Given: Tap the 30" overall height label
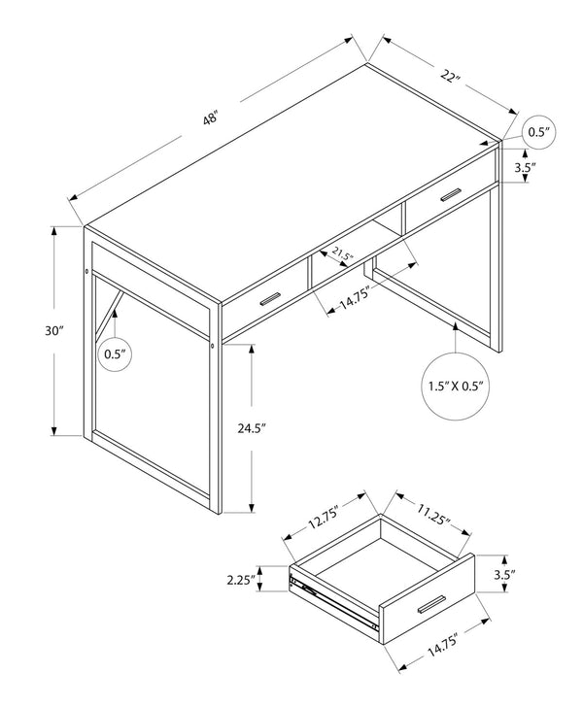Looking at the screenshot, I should click(54, 330).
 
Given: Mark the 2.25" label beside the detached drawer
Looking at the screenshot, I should click(239, 581).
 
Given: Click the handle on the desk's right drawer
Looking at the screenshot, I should click(448, 196).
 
